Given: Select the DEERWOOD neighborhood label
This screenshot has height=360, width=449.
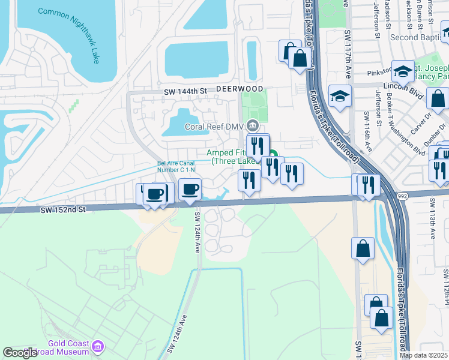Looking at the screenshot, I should [x=240, y=88].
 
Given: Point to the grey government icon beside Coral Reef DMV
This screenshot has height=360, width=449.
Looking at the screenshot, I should [x=253, y=127].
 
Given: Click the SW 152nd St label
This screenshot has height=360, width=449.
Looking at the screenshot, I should [x=64, y=209].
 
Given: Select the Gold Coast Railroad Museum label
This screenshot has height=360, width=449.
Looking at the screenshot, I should [x=66, y=348].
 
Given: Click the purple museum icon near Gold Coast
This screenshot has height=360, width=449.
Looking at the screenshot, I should [x=98, y=346].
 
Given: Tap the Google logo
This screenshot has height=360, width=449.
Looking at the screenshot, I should [x=20, y=353].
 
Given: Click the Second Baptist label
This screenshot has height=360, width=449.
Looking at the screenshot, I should [x=420, y=37].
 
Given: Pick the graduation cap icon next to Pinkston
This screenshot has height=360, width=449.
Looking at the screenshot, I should [x=403, y=71].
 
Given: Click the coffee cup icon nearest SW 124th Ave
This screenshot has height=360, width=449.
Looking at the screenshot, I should [x=190, y=190].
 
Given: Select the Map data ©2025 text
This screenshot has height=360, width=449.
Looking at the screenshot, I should [x=423, y=355].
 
